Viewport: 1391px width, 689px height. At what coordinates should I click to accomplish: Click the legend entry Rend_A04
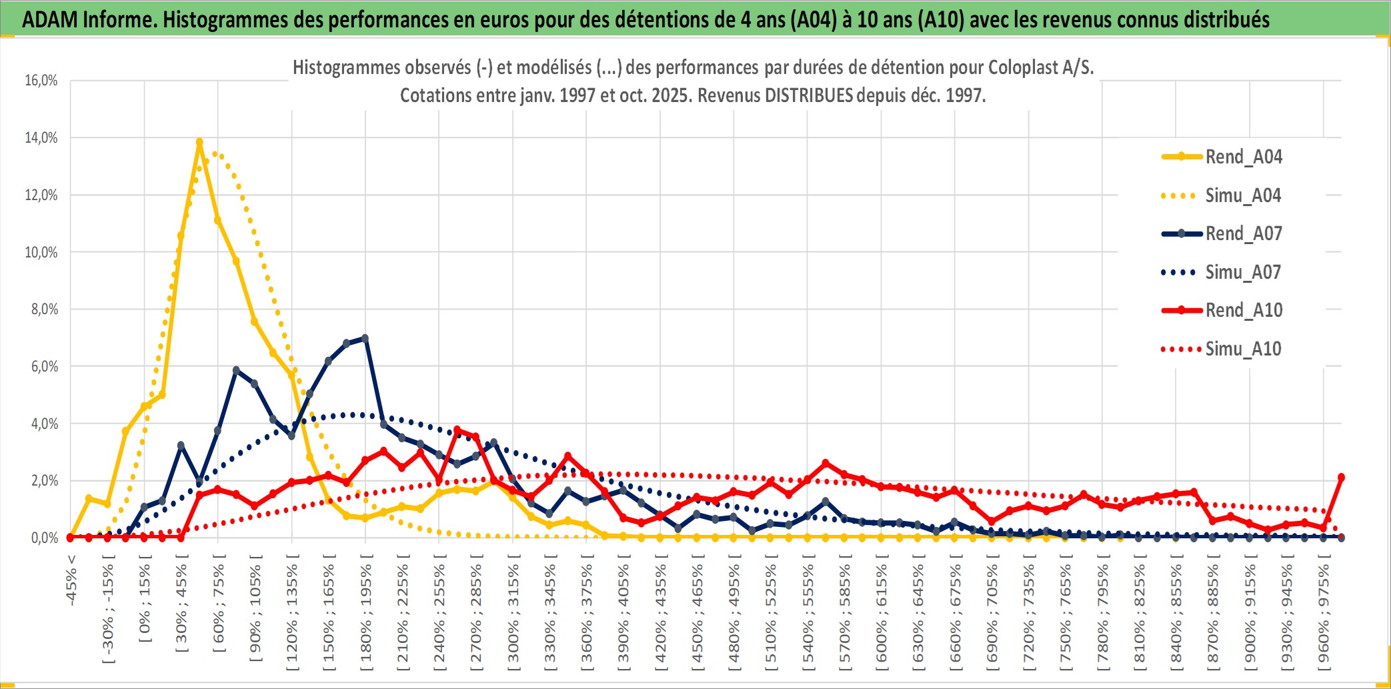(1243, 157)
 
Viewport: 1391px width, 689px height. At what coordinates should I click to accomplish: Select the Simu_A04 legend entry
(1243, 195)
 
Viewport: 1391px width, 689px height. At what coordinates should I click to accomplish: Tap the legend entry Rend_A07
(1243, 233)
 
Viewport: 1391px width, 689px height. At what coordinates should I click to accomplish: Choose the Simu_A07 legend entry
(1243, 272)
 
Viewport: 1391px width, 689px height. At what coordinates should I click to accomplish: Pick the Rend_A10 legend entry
(1243, 310)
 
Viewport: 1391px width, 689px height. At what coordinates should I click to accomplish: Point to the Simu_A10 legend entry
(1243, 349)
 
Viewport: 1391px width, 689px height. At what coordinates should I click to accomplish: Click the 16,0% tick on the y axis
(41, 81)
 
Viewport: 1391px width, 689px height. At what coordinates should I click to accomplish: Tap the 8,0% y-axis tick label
(44, 309)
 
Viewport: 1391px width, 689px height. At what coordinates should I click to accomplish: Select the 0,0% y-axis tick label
(44, 538)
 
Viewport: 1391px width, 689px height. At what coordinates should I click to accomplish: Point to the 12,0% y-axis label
(41, 195)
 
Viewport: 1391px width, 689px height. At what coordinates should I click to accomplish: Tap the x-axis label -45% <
(71, 580)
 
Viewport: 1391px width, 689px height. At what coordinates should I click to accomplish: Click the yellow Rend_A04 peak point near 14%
(199, 142)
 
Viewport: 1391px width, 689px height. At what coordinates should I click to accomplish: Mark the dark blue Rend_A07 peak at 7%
(365, 338)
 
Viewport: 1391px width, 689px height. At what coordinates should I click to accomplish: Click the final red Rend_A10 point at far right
(1341, 477)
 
